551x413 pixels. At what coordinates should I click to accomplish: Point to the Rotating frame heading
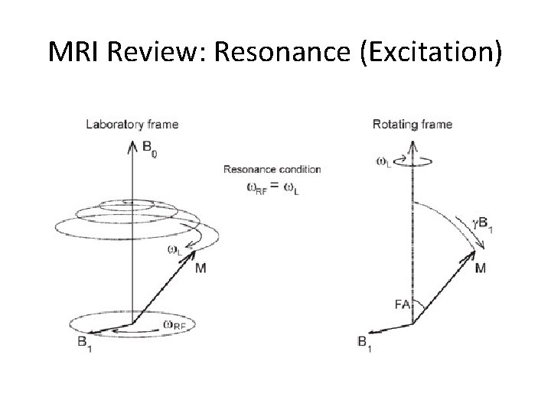pos(412,124)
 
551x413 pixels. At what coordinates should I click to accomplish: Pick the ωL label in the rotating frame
pos(385,161)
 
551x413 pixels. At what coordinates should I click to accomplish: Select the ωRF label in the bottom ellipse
pos(174,324)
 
